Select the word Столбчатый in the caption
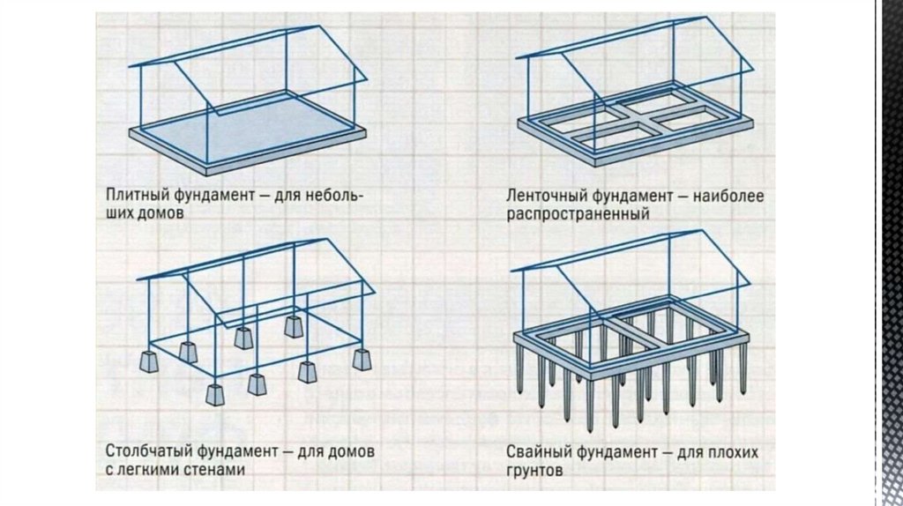click(141, 451)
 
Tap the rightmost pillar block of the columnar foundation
click(362, 358)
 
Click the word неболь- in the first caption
click(333, 195)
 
